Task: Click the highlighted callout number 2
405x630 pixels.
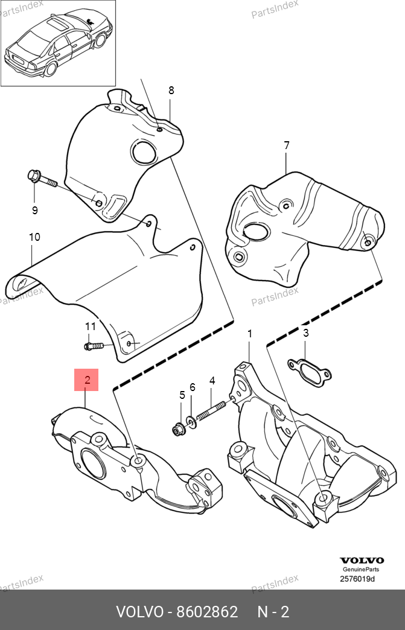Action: click(86, 380)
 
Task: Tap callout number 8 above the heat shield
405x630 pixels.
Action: click(171, 91)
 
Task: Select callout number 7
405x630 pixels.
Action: click(287, 145)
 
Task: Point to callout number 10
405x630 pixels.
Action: click(34, 237)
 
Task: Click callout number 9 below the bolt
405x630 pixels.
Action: click(34, 210)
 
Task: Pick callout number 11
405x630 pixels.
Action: click(91, 326)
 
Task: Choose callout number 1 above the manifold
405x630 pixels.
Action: click(249, 334)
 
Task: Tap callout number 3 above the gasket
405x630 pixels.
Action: click(306, 332)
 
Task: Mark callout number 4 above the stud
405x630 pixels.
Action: click(212, 380)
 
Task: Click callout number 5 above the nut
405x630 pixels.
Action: click(182, 395)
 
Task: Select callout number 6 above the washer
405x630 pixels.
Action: click(193, 387)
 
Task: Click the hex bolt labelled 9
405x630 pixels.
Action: click(43, 180)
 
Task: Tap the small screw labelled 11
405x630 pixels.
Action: click(94, 346)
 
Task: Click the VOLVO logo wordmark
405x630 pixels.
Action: click(362, 561)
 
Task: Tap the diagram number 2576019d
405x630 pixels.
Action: click(357, 579)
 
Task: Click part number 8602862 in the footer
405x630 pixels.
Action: click(207, 612)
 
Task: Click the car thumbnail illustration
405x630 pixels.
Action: click(59, 43)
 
